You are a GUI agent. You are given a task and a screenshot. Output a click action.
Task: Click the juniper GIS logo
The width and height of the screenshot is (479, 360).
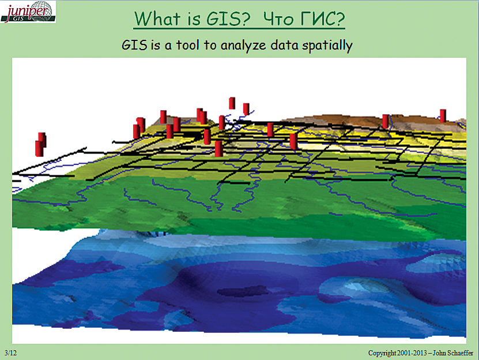28,12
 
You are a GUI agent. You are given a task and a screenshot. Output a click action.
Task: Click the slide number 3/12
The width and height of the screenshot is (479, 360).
10,352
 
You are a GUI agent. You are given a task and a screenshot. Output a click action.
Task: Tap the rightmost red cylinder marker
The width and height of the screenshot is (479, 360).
443,115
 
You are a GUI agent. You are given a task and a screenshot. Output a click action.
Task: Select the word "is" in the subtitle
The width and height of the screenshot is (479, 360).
156,45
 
